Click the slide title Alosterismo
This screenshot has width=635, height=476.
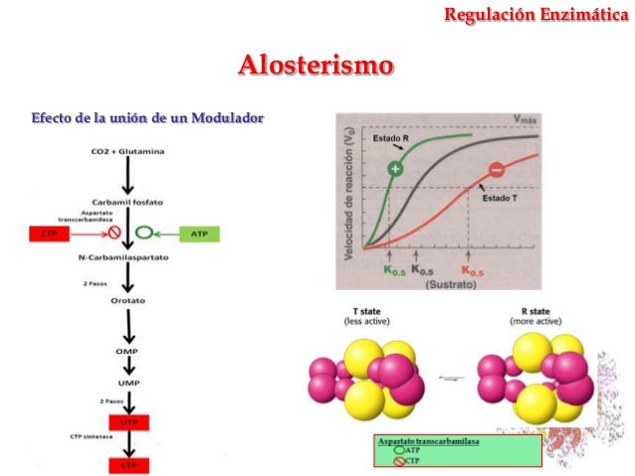tap(316, 67)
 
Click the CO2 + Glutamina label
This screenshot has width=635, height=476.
tap(127, 151)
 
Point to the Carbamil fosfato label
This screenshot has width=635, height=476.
tap(127, 202)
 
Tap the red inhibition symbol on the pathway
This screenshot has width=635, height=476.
tap(114, 236)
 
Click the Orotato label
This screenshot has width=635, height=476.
tap(127, 301)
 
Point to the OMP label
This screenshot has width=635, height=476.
tap(127, 351)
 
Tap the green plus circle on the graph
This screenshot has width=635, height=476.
tap(395, 170)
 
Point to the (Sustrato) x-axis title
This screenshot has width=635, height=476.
tap(443, 284)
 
